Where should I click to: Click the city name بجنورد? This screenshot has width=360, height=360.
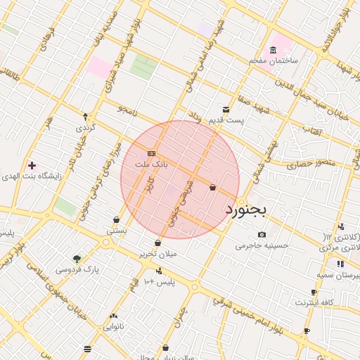[x=247, y=210]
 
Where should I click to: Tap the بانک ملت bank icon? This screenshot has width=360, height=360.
[x=151, y=153]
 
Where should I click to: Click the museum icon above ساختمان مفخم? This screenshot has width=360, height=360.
[x=273, y=49]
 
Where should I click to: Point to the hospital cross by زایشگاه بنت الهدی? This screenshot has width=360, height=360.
[x=32, y=165]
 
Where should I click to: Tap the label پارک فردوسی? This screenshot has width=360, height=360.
[x=77, y=269]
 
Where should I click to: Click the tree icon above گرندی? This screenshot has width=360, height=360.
[x=85, y=117]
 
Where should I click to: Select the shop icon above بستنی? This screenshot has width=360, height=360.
[x=116, y=219]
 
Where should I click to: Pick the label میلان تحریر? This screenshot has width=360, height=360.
[x=157, y=253]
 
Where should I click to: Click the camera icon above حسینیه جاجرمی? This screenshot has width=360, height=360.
[x=262, y=234]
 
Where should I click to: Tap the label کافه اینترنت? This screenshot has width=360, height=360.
[x=314, y=302]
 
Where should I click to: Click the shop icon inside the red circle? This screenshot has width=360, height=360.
[x=212, y=187]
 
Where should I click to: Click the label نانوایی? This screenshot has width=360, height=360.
[x=113, y=327]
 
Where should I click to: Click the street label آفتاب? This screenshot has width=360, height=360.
[x=312, y=130]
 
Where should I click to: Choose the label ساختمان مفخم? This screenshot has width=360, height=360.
[x=274, y=61]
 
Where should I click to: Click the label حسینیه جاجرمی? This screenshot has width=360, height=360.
[x=262, y=245]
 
